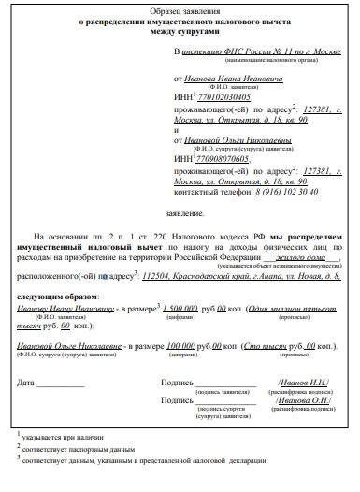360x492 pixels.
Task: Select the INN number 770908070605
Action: (x=222, y=160)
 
